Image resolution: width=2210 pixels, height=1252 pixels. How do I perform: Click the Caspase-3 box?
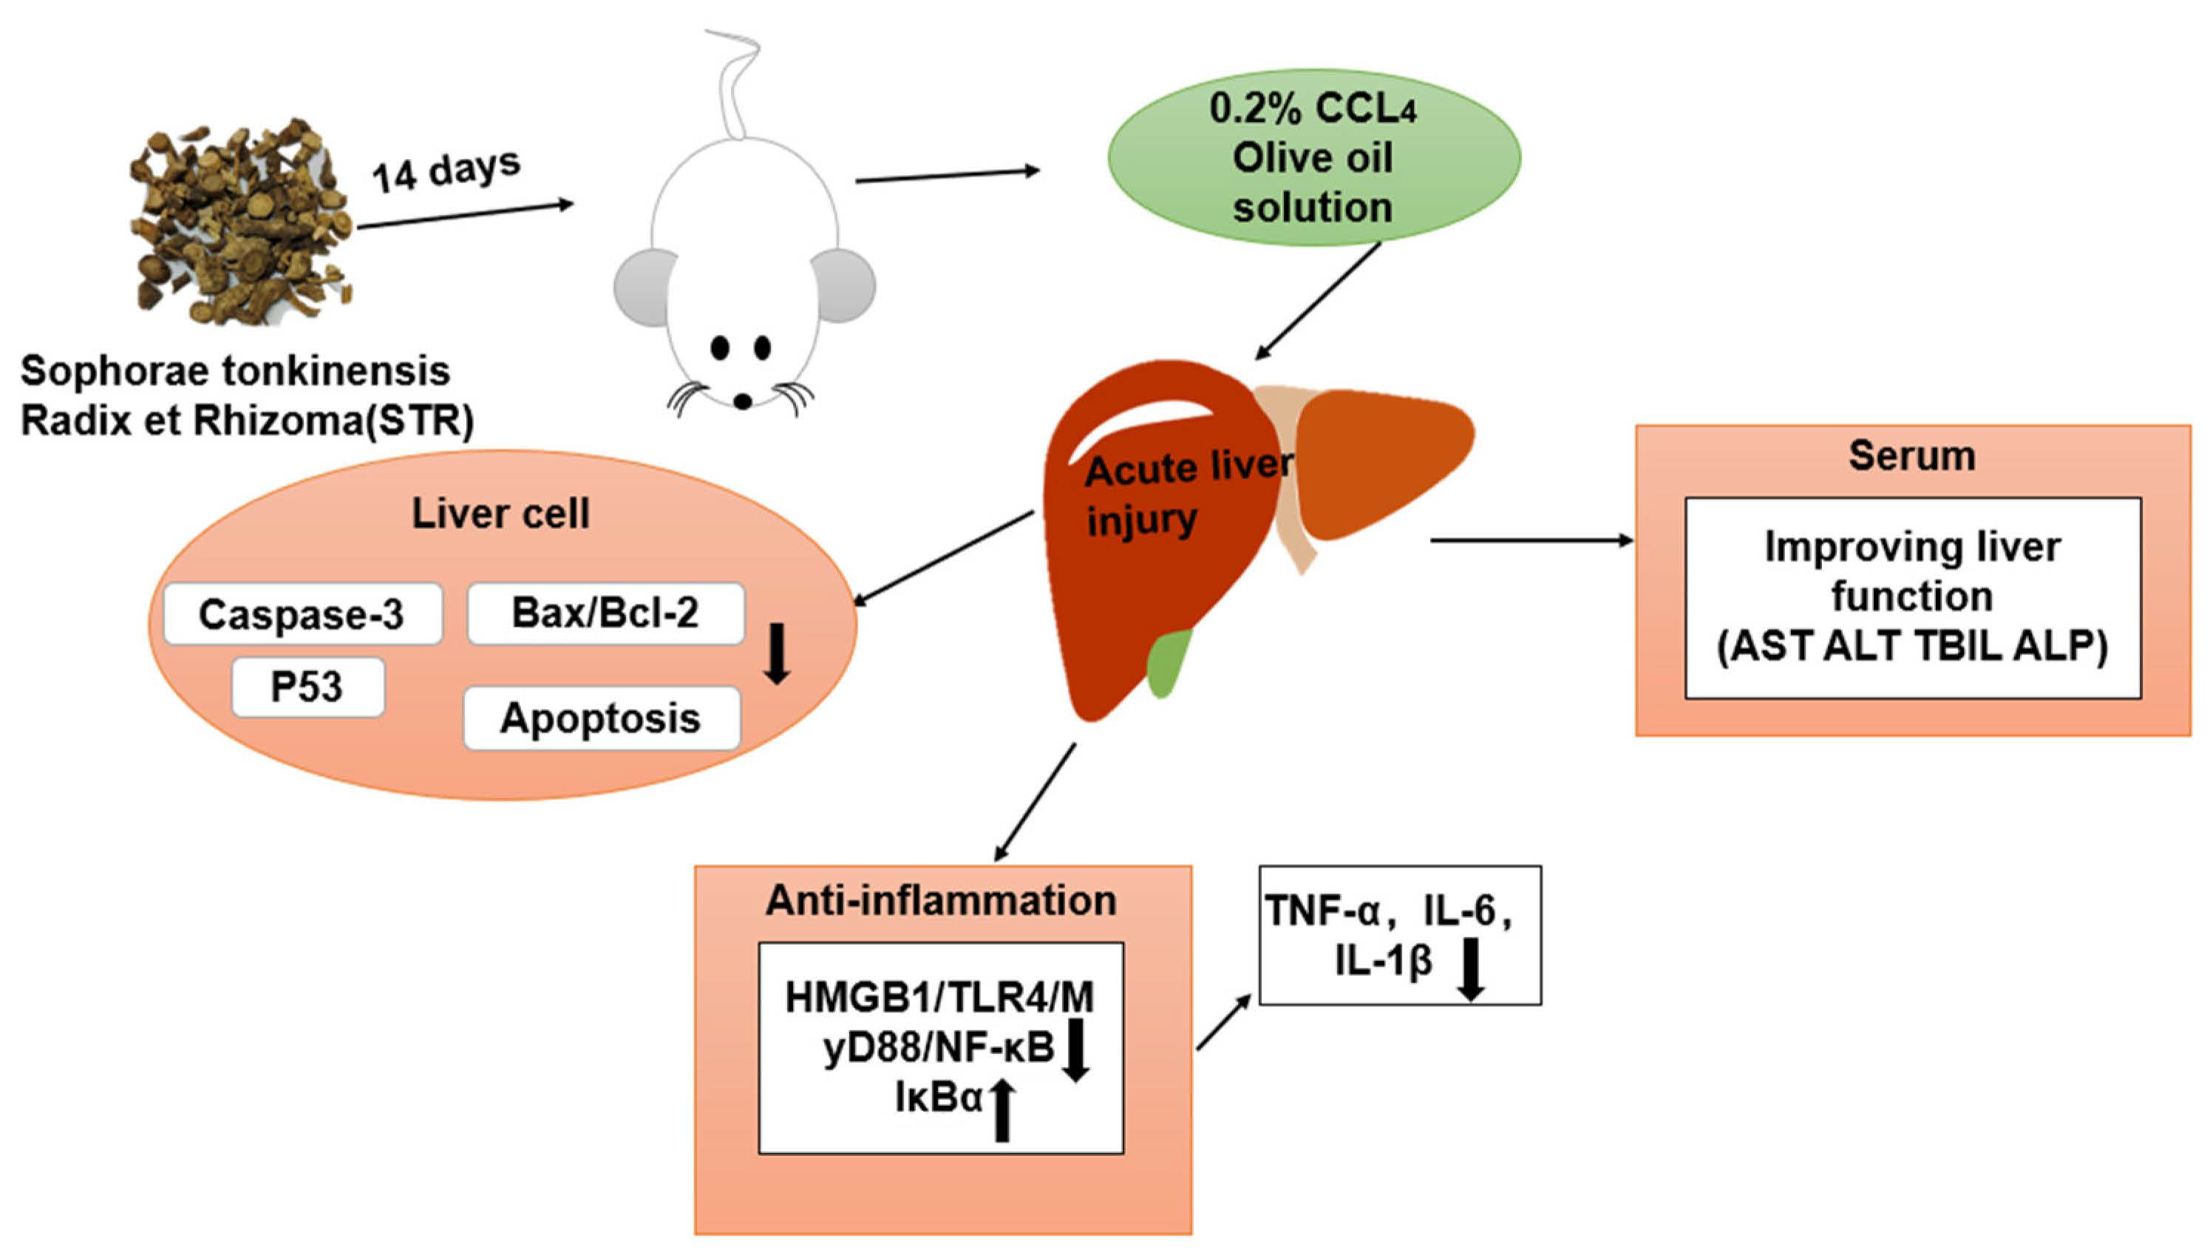302,615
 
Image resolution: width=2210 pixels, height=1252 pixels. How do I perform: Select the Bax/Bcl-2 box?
605,614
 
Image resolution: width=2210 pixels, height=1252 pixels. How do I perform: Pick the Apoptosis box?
601,718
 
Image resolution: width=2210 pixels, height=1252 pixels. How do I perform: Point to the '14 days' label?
446,170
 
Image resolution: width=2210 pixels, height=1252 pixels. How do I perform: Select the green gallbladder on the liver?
1169,662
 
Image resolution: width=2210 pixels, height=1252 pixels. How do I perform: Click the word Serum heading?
1911,457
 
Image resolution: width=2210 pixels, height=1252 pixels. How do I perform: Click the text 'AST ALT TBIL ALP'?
1911,647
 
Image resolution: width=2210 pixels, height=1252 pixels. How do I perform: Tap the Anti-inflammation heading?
941,900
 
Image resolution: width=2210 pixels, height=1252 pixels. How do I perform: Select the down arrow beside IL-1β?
1472,969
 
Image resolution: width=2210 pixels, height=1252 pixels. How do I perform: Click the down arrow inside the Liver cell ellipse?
778,653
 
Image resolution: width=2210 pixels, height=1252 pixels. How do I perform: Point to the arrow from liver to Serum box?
1531,540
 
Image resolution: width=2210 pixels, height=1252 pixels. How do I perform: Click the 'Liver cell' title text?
500,514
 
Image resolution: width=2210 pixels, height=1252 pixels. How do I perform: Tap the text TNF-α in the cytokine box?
1322,911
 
